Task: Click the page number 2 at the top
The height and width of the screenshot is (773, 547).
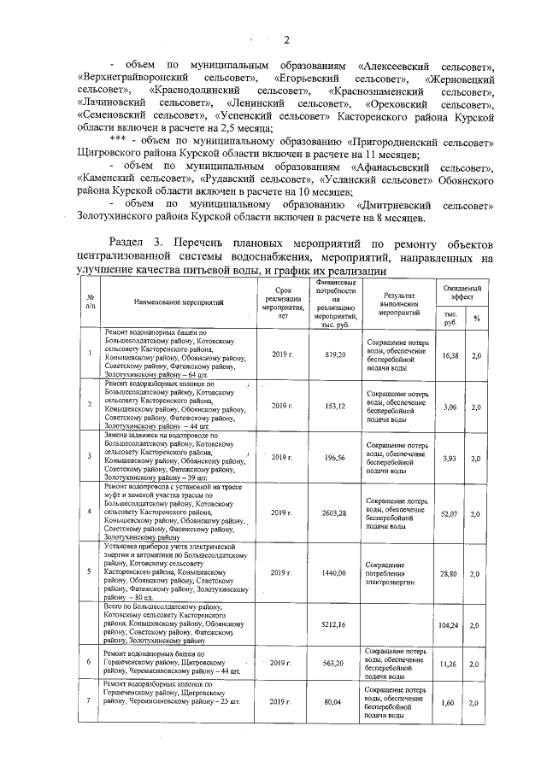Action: (x=288, y=39)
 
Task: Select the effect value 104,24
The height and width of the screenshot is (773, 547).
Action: (x=450, y=625)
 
